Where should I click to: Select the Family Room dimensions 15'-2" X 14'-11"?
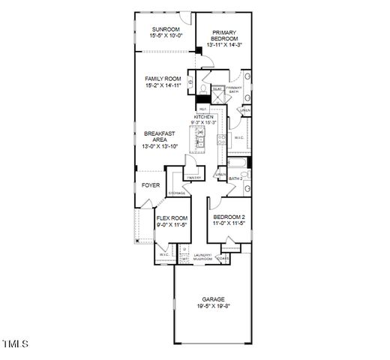tap(163, 85)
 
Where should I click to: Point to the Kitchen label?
tap(205, 118)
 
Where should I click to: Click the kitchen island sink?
tap(201, 135)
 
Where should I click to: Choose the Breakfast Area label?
tap(159, 139)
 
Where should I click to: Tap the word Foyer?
tap(151, 184)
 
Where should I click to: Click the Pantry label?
tap(194, 178)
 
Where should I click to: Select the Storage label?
tap(177, 193)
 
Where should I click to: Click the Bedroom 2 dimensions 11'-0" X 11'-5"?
tap(229, 223)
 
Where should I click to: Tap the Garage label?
tap(212, 298)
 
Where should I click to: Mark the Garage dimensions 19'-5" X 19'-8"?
tap(212, 306)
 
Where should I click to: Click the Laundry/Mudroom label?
tap(202, 257)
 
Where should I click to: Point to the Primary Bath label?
tap(234, 90)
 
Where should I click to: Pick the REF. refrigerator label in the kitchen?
tap(202, 109)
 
